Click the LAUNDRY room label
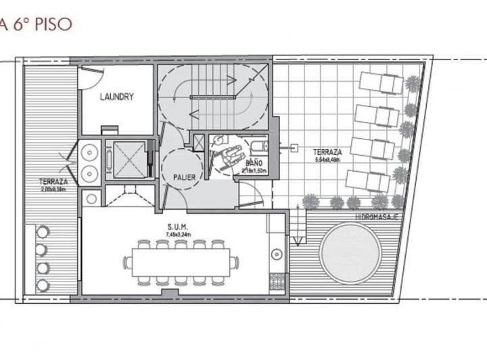(117, 97)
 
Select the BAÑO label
(254, 163)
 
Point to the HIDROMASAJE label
(377, 217)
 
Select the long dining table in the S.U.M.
(181, 262)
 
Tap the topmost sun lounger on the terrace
(381, 83)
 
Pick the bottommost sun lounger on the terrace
(368, 180)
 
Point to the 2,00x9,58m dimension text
(53, 190)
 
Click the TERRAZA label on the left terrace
(53, 182)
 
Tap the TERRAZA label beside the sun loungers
(327, 153)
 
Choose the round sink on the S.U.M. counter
(276, 254)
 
